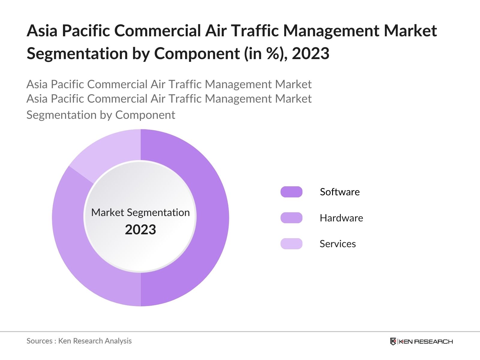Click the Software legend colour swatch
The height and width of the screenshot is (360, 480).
[291, 192]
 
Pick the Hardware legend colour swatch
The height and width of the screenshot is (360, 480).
[291, 218]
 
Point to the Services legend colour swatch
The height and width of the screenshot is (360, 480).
[291, 244]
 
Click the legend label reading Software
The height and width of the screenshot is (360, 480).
[340, 192]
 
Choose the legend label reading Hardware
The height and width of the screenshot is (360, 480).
[341, 218]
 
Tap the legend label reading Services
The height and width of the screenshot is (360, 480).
[337, 244]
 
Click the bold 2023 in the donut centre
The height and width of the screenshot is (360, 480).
[140, 230]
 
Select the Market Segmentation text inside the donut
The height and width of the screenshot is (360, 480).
[140, 212]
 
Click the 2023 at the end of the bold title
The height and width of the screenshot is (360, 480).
[310, 54]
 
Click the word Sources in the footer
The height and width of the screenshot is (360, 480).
[40, 341]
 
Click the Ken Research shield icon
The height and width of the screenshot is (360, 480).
[393, 341]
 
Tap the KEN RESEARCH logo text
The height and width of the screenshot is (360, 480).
[426, 341]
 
